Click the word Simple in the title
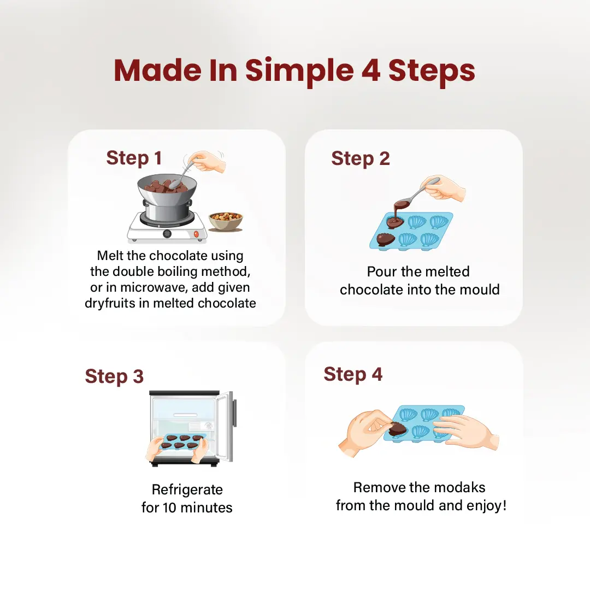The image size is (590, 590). click(x=299, y=72)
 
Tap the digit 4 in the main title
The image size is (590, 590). click(x=371, y=70)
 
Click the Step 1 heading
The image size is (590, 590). click(x=134, y=158)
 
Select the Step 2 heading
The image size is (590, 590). click(x=361, y=159)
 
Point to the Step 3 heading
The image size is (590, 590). click(x=114, y=376)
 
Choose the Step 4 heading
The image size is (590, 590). click(x=353, y=375)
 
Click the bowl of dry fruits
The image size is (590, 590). click(x=226, y=221)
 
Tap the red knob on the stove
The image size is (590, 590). click(x=196, y=234)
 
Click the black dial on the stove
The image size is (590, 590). click(x=167, y=234)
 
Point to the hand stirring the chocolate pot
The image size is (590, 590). click(x=206, y=162)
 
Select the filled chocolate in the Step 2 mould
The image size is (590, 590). click(x=385, y=240)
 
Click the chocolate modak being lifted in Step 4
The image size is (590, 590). click(x=398, y=429)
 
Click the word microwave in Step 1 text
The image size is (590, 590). click(x=154, y=287)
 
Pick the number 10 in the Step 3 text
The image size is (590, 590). click(x=169, y=508)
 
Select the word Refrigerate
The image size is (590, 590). click(x=187, y=490)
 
